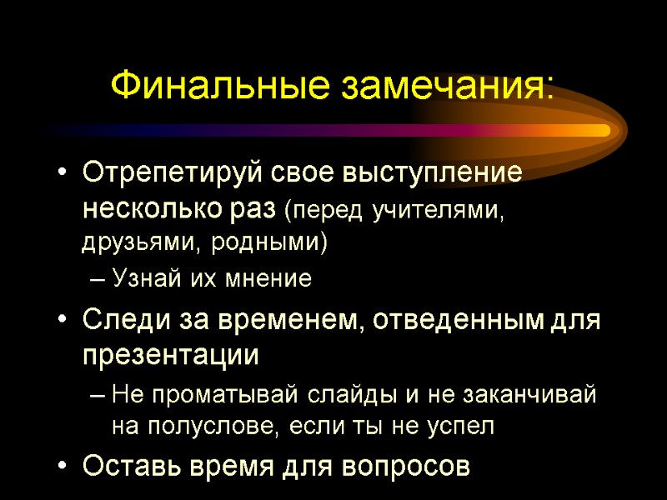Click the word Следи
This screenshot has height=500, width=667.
(122, 320)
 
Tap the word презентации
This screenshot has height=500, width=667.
(170, 356)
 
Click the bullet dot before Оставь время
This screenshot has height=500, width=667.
(62, 466)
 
